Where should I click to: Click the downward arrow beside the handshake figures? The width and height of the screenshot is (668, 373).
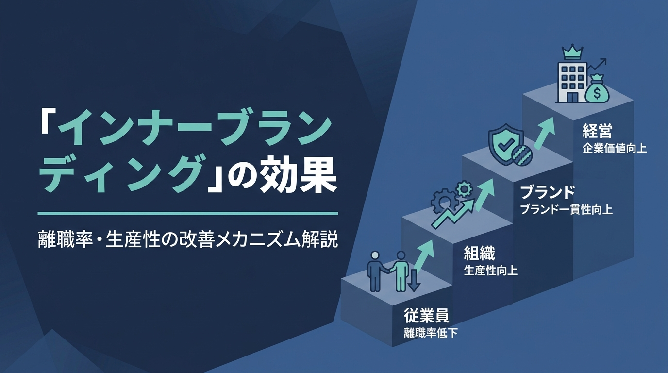414,279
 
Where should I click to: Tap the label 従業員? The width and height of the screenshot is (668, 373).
426,317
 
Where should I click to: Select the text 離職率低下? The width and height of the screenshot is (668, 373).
431,333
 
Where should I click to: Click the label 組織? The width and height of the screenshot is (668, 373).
479,254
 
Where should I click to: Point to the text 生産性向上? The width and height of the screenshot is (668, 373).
490,271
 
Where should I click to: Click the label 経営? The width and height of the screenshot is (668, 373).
597,131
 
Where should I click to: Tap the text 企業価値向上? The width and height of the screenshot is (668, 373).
614,149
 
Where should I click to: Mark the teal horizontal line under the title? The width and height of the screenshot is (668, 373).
188,213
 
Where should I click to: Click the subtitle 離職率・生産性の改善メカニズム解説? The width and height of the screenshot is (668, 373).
188,239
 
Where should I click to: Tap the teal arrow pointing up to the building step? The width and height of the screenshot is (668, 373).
544,133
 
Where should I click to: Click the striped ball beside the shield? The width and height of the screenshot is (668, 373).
522,155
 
